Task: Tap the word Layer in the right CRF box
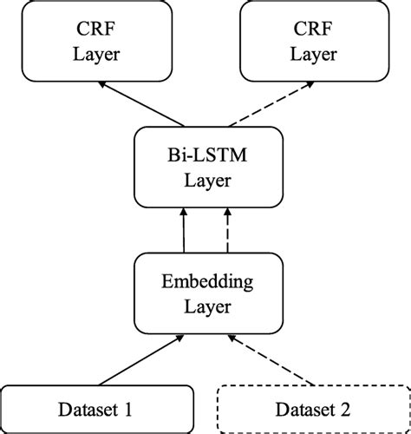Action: pos(313,55)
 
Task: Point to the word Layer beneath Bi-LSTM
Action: pos(205,181)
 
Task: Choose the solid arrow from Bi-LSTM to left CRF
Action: pos(143,103)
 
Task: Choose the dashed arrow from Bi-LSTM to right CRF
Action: pos(269,103)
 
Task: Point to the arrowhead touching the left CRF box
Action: pos(104,84)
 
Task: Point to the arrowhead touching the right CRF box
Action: pos(307,84)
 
